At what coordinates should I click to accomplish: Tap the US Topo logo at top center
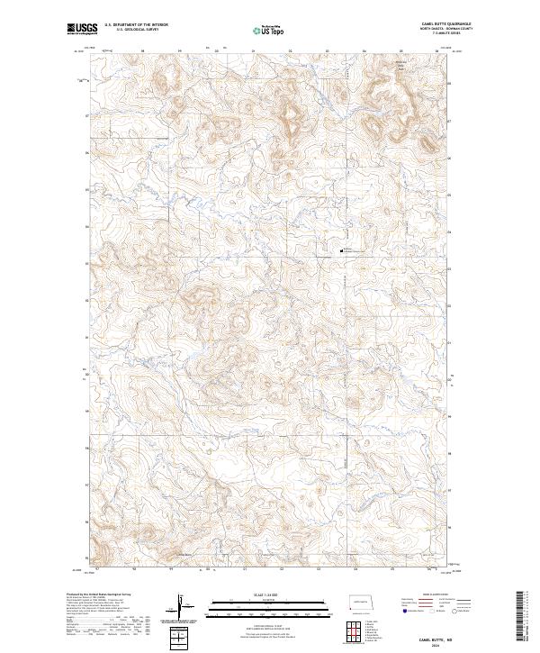click(269, 30)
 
